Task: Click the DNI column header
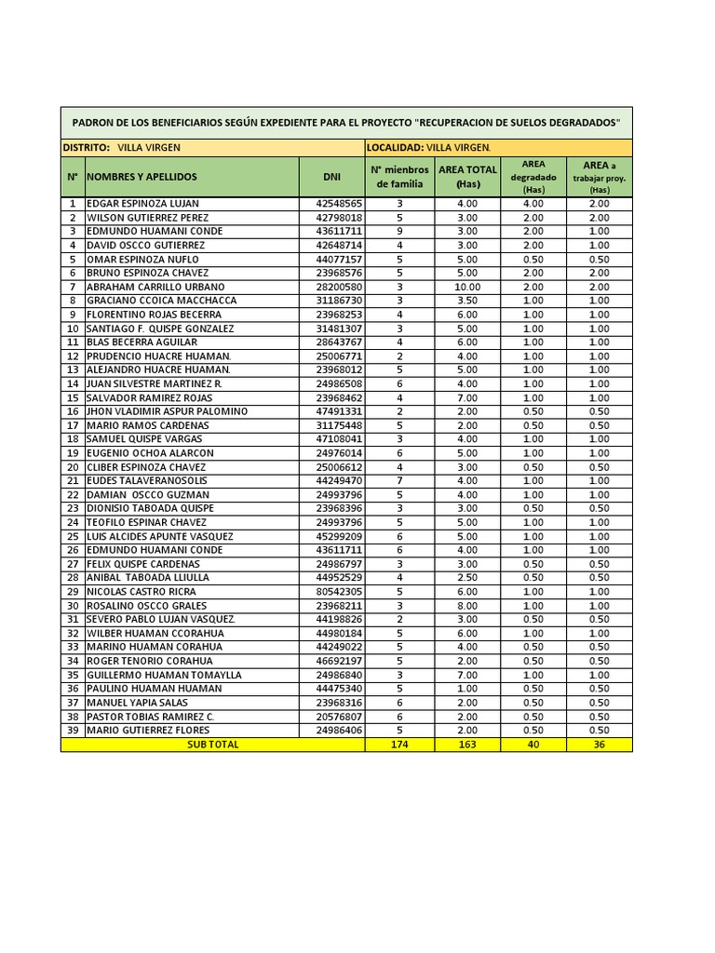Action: (331, 177)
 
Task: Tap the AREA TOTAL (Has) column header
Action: (467, 177)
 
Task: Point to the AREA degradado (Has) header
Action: (533, 177)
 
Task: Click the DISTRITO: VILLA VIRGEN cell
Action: (122, 147)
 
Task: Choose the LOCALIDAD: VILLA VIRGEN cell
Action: (428, 147)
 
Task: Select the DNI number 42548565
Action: (339, 203)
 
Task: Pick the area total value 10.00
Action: (467, 287)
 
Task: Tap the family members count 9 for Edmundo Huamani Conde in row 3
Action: (399, 231)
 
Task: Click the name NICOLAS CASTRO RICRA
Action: (142, 592)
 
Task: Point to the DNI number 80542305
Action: (339, 592)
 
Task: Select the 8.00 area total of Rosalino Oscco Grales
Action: (467, 606)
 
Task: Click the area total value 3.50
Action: (467, 301)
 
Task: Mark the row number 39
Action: (72, 731)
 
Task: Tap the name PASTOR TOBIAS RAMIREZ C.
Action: (150, 717)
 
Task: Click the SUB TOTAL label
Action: (212, 745)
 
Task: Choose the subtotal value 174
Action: (399, 745)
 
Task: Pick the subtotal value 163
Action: (467, 745)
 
